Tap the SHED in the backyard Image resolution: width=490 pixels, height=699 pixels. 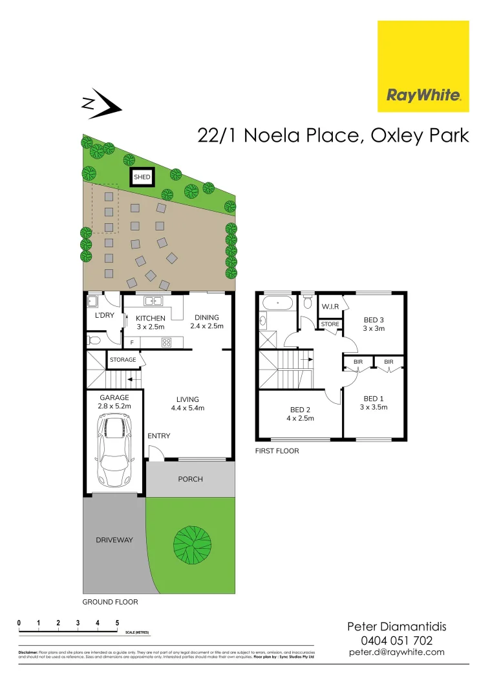tap(142, 177)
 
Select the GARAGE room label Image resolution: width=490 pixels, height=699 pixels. tap(114, 398)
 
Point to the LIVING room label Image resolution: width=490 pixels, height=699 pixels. tap(188, 399)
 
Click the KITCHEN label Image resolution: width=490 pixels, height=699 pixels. tap(151, 318)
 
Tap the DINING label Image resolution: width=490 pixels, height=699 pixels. tap(207, 318)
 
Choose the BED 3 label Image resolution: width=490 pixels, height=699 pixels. tap(374, 320)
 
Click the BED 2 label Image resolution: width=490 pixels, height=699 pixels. tap(301, 409)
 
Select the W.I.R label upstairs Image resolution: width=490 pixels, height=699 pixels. tap(330, 306)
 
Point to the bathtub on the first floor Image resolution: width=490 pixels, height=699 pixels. tap(278, 302)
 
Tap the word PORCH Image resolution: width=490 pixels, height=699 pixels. tap(190, 479)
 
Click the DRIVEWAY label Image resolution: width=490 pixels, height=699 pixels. tap(114, 540)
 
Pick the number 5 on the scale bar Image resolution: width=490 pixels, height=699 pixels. tap(117, 623)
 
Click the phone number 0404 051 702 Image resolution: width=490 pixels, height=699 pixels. tap(397, 641)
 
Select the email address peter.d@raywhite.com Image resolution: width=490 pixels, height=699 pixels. tap(397, 652)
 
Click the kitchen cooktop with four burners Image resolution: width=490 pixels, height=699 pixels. tap(166, 342)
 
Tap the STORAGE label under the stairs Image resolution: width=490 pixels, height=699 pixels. tap(123, 360)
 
